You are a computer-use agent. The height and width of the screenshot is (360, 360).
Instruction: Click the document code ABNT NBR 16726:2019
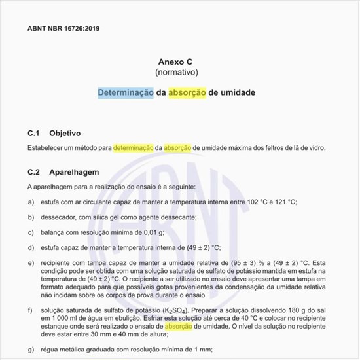pyautogui.click(x=63, y=29)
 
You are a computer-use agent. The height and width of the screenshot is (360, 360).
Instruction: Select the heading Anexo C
pyautogui.click(x=177, y=61)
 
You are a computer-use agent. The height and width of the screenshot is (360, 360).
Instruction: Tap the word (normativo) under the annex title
pyautogui.click(x=177, y=71)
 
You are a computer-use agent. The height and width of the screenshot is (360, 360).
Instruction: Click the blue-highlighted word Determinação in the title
pyautogui.click(x=126, y=93)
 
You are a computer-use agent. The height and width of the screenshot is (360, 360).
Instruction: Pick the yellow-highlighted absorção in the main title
pyautogui.click(x=187, y=93)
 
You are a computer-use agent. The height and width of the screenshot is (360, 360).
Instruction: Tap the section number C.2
pyautogui.click(x=34, y=173)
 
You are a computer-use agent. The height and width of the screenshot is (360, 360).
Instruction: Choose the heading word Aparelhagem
pyautogui.click(x=74, y=173)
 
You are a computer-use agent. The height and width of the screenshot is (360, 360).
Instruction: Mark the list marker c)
pyautogui.click(x=31, y=232)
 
